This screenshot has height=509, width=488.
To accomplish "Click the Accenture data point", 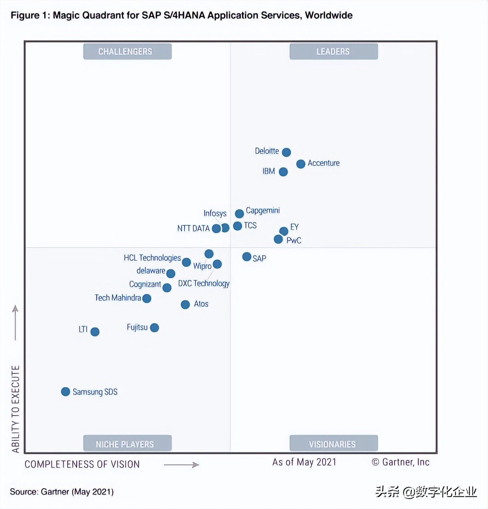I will pos(301,164).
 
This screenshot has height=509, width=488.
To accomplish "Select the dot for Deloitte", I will pos(287,152).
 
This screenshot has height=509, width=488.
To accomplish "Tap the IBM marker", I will pos(283,172).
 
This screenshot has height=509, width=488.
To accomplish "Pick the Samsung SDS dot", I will pos(65,392).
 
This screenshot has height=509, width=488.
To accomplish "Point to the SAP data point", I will pos(247,257).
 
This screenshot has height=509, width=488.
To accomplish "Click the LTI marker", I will pos(95,332).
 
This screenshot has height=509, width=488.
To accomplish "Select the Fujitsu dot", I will pos(155,328).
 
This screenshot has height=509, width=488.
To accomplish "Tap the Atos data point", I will pos(185,304).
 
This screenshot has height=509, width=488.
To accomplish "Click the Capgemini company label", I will pos(262,211).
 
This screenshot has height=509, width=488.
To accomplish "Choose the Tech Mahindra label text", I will pos(118,298).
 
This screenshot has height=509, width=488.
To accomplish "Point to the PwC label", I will pos(294,240).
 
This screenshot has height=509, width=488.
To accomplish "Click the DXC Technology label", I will pos(204,283).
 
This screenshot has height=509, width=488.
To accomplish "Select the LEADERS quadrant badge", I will pos(333,51).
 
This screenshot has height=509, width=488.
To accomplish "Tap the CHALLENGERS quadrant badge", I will pos(127,51).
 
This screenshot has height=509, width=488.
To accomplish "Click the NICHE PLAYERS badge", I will pos(127,444).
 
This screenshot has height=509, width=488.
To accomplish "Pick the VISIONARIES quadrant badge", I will pos(333,444).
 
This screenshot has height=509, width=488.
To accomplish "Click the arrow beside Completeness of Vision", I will pos(181,465).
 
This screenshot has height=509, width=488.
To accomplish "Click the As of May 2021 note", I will pos(304,462).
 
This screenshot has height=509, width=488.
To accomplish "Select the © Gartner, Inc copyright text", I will pos(400,462).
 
